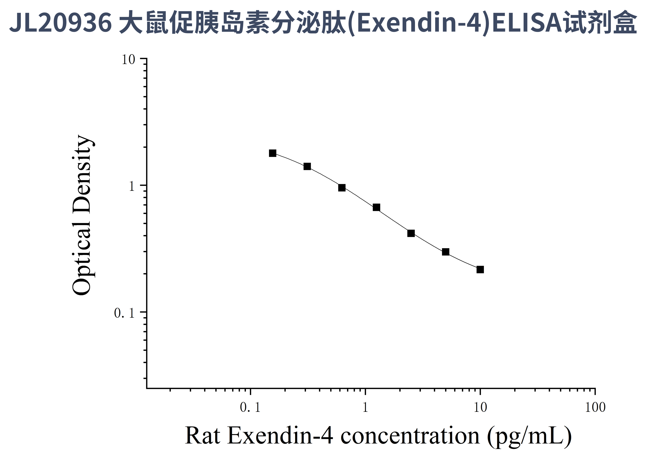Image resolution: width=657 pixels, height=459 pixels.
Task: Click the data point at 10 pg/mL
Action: (x=480, y=269)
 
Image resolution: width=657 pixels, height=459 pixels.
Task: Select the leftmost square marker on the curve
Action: (x=273, y=153)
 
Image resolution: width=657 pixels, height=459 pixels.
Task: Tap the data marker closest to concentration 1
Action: (x=376, y=207)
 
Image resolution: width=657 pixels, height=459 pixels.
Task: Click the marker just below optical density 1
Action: (x=342, y=188)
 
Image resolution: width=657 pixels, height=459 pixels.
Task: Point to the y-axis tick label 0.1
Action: (x=124, y=313)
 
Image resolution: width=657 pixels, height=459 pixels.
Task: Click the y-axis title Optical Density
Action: (x=82, y=215)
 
